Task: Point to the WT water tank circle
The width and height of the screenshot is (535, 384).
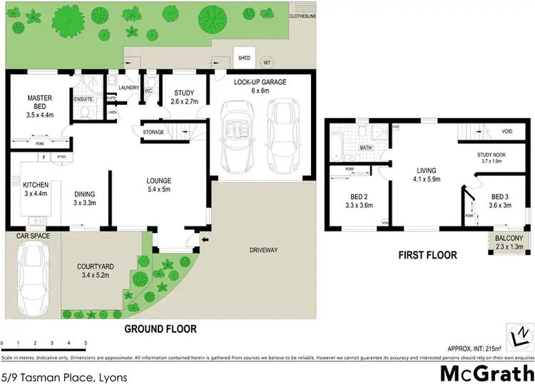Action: [x=267, y=61]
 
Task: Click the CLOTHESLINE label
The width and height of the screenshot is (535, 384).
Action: [x=303, y=16]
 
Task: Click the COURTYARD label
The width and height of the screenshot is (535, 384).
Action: [x=93, y=267]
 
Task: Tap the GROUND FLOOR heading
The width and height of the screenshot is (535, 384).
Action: [x=160, y=329]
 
